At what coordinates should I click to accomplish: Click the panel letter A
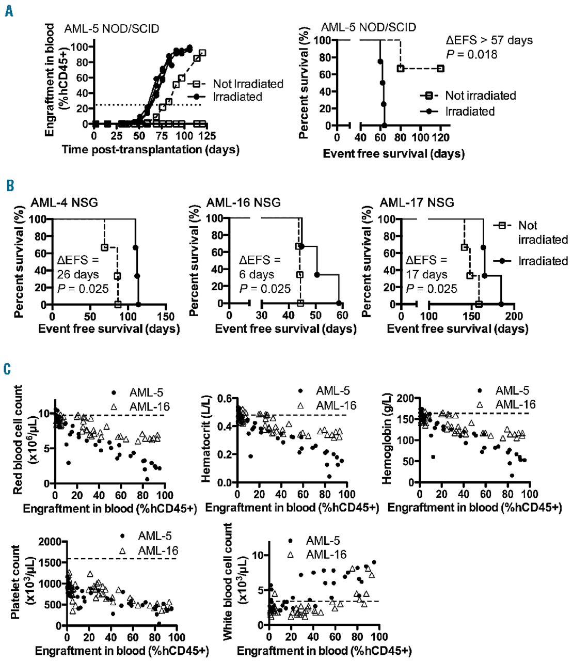click(9, 10)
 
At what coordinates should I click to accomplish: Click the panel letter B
click(9, 185)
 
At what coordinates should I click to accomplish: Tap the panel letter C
click(8, 369)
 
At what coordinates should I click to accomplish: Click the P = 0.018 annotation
click(471, 54)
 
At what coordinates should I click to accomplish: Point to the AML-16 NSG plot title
click(244, 202)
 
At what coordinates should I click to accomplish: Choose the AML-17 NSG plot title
click(417, 202)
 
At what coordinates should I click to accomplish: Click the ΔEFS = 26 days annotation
click(78, 267)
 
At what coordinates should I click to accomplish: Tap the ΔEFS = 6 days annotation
click(260, 267)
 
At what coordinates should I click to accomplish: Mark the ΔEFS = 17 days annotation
click(427, 267)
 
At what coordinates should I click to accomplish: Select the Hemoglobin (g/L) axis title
click(388, 439)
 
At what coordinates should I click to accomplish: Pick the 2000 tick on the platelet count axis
click(50, 541)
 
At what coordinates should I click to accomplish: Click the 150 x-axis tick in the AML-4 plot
click(166, 316)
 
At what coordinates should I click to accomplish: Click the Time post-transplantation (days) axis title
click(150, 150)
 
